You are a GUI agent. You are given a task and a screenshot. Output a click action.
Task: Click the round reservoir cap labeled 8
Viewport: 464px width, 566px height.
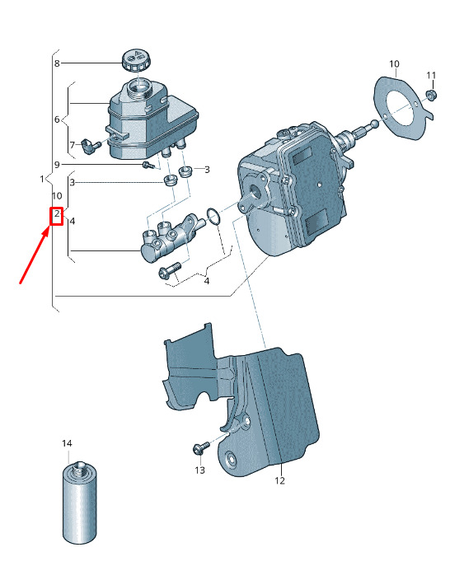[136, 61]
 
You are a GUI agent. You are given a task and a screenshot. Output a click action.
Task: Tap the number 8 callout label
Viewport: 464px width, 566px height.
[57, 63]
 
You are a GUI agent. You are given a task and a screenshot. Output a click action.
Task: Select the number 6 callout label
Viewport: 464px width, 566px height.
[57, 119]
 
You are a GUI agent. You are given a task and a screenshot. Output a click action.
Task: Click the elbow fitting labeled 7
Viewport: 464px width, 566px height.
[89, 146]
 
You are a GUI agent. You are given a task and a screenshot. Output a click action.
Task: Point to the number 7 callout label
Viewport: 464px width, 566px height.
[73, 145]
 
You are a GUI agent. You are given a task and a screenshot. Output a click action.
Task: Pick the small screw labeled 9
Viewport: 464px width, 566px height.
[148, 166]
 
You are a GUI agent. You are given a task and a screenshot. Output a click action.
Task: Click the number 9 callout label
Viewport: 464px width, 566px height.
[57, 165]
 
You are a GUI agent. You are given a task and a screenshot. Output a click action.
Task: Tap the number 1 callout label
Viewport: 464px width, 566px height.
[42, 179]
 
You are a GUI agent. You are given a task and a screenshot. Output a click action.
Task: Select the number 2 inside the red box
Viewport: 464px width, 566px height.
[57, 214]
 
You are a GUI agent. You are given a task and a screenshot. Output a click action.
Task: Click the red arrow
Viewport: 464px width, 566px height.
[35, 255]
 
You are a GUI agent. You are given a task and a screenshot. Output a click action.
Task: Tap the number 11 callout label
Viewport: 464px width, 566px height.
[431, 76]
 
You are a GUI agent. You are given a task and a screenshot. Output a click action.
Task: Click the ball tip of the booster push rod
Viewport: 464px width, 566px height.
[374, 124]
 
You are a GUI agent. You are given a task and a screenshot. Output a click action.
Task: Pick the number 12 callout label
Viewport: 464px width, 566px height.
[280, 481]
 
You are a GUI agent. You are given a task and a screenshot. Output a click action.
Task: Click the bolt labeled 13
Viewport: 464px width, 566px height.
[200, 447]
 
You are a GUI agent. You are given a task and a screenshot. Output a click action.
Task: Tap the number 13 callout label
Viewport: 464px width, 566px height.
[199, 470]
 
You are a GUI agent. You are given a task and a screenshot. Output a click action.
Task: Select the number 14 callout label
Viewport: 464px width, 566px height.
[67, 443]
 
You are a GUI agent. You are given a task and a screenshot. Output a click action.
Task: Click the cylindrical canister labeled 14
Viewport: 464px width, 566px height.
[80, 502]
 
